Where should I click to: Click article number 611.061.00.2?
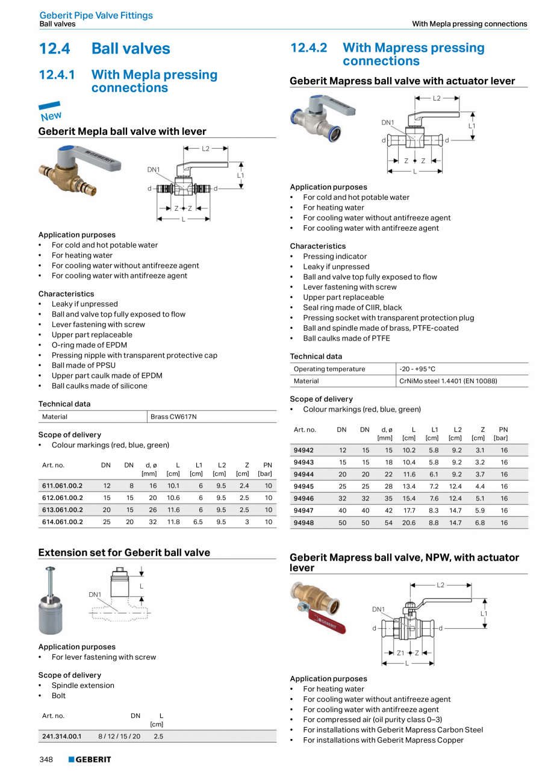pyautogui.click(x=63, y=485)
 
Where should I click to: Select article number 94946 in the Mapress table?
pyautogui.click(x=303, y=499)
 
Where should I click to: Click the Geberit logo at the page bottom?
pyautogui.click(x=90, y=760)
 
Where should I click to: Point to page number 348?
pyautogui.click(x=46, y=760)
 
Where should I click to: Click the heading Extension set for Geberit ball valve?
pyautogui.click(x=124, y=552)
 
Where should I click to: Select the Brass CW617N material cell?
pyautogui.click(x=173, y=417)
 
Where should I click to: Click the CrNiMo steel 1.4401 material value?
pyautogui.click(x=448, y=381)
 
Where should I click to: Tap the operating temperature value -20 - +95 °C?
pyautogui.click(x=417, y=369)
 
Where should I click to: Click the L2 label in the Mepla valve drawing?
pyautogui.click(x=205, y=148)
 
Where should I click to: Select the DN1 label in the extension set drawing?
pyautogui.click(x=95, y=594)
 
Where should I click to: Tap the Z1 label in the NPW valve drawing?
pyautogui.click(x=400, y=653)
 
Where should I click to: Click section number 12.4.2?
pyautogui.click(x=308, y=48)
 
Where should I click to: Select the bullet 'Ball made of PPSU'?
pyautogui.click(x=83, y=365)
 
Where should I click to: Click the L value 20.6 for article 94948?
pyautogui.click(x=409, y=523)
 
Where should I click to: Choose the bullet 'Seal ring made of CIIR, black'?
pyautogui.click(x=352, y=307)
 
